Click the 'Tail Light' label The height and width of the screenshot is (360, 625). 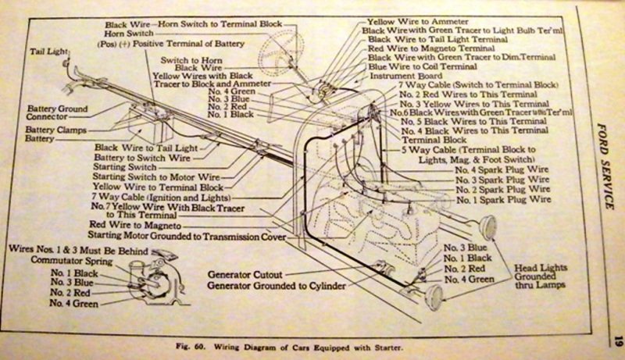point(46,52)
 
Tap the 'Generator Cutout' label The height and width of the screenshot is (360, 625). point(247,274)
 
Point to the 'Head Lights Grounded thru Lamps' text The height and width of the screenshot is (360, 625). point(542,280)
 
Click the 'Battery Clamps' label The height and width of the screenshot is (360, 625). point(55,128)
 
